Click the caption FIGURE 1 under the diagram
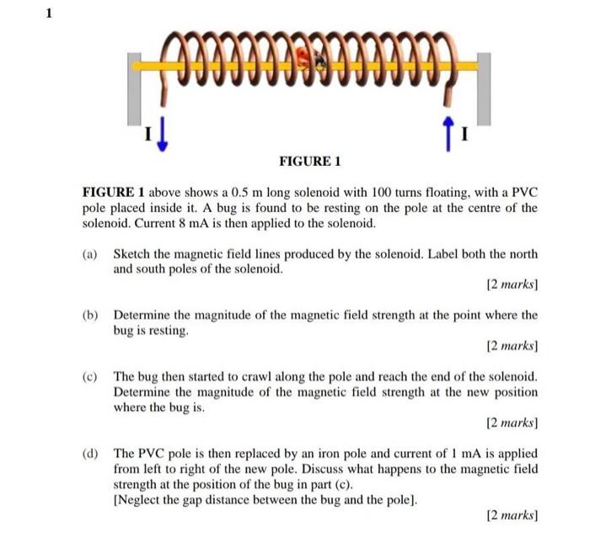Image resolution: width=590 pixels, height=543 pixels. point(309,161)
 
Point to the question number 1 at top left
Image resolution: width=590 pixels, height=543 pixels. point(50,13)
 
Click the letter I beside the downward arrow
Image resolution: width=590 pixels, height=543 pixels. point(148,133)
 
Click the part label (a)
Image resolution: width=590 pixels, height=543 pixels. point(90,254)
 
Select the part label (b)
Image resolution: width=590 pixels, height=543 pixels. point(90,316)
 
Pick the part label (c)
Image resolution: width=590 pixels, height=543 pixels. point(90,377)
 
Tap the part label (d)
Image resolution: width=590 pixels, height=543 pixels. point(90,454)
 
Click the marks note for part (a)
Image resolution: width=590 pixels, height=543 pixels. point(512,285)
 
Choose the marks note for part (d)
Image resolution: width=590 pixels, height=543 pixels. point(512,514)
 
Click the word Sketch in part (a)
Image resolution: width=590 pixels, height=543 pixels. point(133,254)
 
